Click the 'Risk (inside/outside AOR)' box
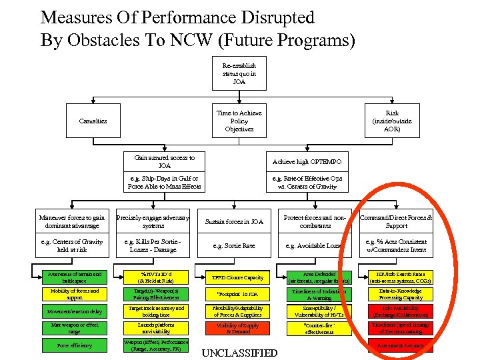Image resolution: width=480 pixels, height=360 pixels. point(392,121)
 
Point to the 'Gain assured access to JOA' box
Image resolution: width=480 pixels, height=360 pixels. point(164,161)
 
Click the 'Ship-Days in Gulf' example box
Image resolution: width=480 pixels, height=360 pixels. point(164,183)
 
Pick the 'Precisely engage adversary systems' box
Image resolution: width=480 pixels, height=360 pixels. point(153,221)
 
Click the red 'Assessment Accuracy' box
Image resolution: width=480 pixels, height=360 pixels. point(396,345)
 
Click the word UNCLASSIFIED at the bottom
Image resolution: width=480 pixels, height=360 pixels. point(239,353)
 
